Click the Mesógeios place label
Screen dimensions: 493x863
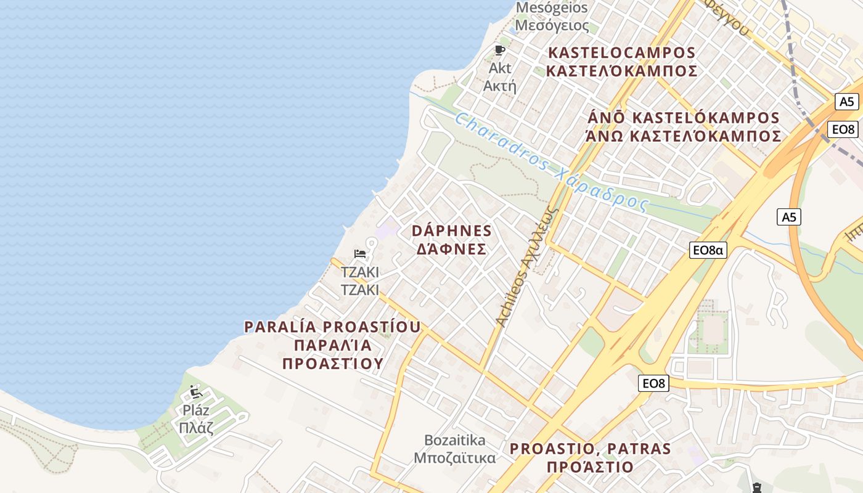552,17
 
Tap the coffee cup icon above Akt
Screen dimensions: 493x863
499,50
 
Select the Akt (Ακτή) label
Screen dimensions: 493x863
499,77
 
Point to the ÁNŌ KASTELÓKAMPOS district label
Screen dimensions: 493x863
683,127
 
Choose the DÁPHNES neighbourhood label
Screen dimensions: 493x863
452,240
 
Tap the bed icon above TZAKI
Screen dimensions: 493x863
360,254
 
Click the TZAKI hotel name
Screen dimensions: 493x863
360,281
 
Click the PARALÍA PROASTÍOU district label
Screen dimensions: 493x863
333,344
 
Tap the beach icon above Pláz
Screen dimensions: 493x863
195,391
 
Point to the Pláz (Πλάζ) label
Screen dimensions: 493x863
196,419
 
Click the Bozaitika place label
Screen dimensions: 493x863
455,449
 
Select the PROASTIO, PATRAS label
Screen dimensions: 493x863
590,457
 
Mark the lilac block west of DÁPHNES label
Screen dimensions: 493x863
387,230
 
